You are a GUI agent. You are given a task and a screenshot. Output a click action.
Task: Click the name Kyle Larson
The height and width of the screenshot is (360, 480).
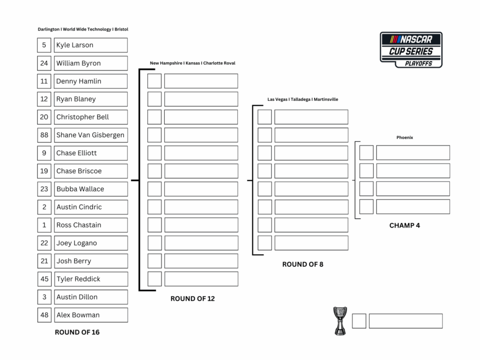(75, 45)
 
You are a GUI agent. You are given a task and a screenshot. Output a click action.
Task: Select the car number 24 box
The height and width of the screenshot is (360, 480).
(44, 63)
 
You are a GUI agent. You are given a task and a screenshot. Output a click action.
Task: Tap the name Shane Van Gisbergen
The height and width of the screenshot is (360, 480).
(90, 135)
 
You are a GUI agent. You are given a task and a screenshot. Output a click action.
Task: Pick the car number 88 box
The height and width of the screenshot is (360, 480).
(44, 135)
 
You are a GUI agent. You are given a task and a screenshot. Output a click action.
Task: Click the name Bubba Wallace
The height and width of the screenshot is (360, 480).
(80, 189)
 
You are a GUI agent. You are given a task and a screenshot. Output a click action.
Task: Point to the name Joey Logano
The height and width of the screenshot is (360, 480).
(77, 243)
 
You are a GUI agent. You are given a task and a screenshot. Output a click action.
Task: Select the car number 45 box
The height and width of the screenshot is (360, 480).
(44, 279)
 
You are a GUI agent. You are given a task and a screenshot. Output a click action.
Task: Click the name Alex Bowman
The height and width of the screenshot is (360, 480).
(78, 315)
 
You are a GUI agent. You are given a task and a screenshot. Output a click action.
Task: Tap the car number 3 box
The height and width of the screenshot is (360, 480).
(44, 297)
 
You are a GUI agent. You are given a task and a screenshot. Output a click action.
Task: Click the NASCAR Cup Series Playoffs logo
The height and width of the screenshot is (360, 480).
(411, 50)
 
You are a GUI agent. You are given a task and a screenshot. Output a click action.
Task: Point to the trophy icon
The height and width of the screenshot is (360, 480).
(340, 321)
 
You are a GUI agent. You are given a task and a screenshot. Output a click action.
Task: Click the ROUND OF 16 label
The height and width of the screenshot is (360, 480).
(77, 332)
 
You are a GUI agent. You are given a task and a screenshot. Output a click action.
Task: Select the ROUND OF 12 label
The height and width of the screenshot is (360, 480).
(193, 299)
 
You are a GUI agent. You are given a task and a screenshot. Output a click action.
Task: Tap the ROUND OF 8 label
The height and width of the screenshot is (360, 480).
(302, 265)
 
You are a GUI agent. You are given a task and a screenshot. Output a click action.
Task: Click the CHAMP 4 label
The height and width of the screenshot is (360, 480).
(404, 225)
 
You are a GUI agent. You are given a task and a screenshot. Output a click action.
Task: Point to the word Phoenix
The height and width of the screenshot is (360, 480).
(404, 138)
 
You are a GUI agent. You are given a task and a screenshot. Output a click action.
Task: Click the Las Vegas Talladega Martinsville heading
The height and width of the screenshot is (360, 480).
(302, 100)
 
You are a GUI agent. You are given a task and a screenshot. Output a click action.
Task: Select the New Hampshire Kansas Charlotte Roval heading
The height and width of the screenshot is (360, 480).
(193, 63)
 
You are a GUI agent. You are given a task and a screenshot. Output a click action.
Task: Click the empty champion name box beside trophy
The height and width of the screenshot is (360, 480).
(405, 321)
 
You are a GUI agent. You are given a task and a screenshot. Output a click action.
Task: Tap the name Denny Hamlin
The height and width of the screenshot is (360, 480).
(79, 81)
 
